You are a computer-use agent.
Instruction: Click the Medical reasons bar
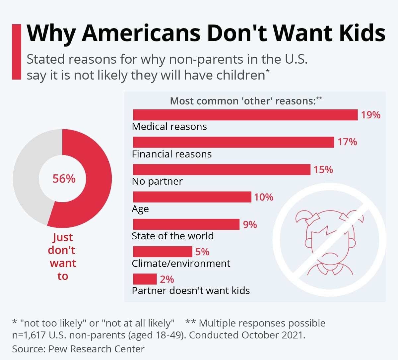coord(245,115)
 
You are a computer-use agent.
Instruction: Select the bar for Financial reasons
coord(233,142)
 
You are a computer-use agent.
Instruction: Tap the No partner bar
coord(222,169)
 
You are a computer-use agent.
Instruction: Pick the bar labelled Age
coord(192,197)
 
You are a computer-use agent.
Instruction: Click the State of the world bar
coord(186,224)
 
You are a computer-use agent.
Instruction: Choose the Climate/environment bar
coord(162,252)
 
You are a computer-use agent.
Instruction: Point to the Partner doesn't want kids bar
coord(145,279)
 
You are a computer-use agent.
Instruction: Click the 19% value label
coord(370,115)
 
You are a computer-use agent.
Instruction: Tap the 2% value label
coord(167,279)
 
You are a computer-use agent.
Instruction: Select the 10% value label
coord(264,197)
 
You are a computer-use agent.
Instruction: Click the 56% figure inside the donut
coord(64,179)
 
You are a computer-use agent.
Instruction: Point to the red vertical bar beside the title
coord(16,52)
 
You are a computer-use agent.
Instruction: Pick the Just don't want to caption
coord(62,256)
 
